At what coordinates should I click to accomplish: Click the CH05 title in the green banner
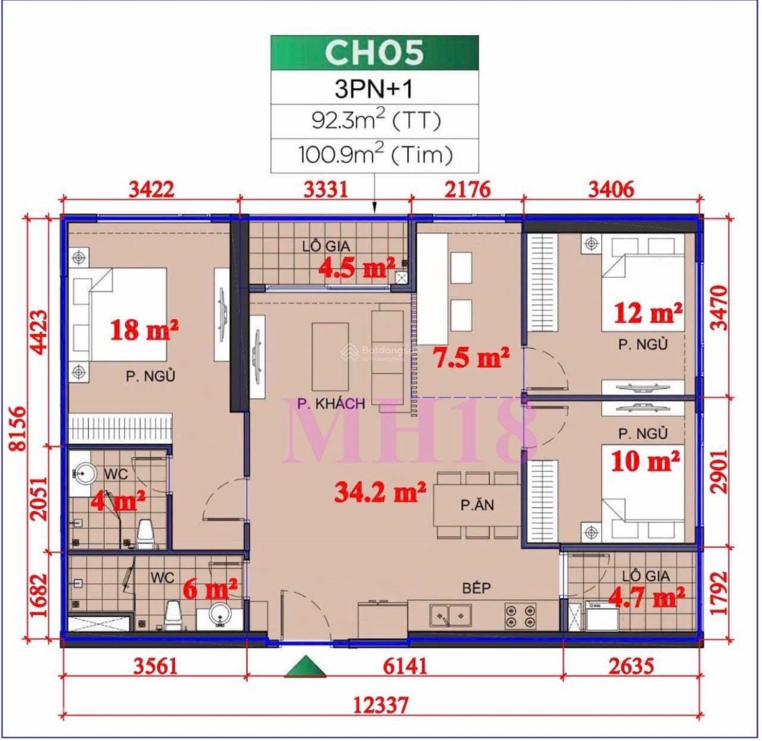click(x=374, y=52)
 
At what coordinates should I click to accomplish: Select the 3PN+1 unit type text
click(x=374, y=89)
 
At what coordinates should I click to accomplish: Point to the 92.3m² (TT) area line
click(x=376, y=121)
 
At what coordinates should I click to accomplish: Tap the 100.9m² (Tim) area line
click(x=376, y=155)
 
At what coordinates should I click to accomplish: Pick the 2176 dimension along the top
click(x=469, y=189)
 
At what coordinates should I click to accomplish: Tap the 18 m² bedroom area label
click(x=145, y=329)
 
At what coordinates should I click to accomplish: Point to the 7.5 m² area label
click(x=470, y=358)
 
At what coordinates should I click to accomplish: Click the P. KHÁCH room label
click(x=331, y=404)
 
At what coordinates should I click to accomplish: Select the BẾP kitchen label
click(x=476, y=588)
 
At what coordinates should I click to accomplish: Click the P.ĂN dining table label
click(x=477, y=506)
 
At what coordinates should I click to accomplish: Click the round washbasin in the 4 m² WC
click(x=85, y=474)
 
